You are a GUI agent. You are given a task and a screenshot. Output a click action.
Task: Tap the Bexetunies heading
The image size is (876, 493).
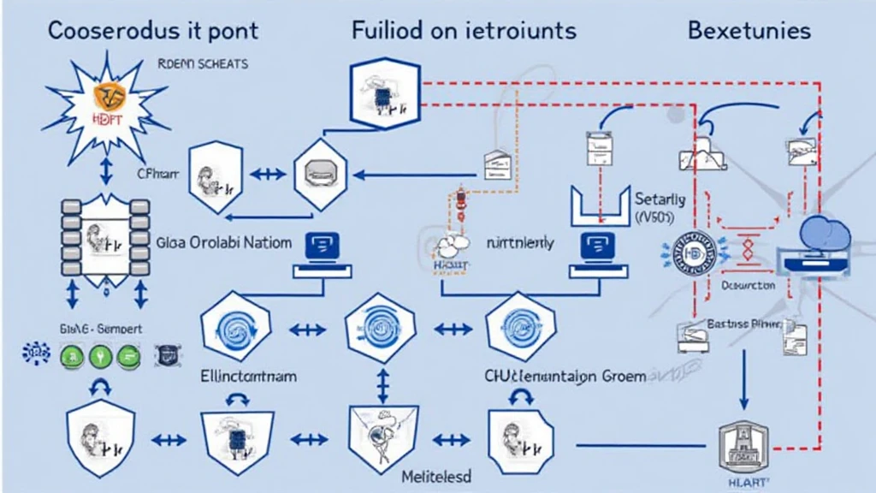click(x=749, y=31)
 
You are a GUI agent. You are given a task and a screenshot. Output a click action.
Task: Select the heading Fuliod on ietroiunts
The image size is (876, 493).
click(x=464, y=31)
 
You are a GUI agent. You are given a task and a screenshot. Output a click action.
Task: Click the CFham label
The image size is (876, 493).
click(x=158, y=173)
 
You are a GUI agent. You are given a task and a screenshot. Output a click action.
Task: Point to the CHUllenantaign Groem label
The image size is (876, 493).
click(x=565, y=377)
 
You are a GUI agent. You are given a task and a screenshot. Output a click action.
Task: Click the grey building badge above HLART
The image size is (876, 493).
click(x=737, y=446)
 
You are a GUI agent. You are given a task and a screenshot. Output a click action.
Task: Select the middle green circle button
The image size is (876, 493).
click(x=98, y=353)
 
